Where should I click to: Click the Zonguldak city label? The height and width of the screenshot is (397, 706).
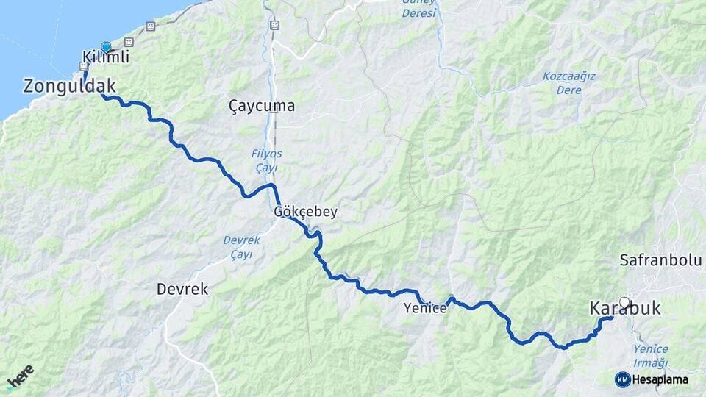[69, 86]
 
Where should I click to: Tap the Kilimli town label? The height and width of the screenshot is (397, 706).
[107, 57]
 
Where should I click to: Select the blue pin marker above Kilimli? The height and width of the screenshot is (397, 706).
[106, 48]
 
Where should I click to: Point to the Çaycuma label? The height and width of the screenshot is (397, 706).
[262, 106]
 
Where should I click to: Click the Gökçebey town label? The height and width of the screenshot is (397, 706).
[305, 212]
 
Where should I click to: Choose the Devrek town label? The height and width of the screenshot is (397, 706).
[182, 290]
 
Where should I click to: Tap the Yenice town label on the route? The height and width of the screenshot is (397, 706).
[425, 309]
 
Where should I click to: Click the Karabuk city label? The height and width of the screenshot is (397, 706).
[625, 310]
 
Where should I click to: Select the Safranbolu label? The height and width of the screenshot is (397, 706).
[660, 260]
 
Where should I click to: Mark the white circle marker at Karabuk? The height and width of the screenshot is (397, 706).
[625, 301]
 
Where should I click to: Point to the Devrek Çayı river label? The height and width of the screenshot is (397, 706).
[238, 247]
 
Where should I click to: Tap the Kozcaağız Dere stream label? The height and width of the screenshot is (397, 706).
[568, 82]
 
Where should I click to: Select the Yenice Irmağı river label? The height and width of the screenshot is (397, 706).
[650, 356]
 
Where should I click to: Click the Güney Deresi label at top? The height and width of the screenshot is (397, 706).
[418, 8]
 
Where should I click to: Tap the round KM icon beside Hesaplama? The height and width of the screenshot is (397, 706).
[623, 379]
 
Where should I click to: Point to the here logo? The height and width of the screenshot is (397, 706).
[20, 377]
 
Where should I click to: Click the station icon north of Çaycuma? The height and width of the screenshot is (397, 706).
[274, 25]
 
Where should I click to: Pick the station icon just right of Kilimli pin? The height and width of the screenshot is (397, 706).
[129, 42]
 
